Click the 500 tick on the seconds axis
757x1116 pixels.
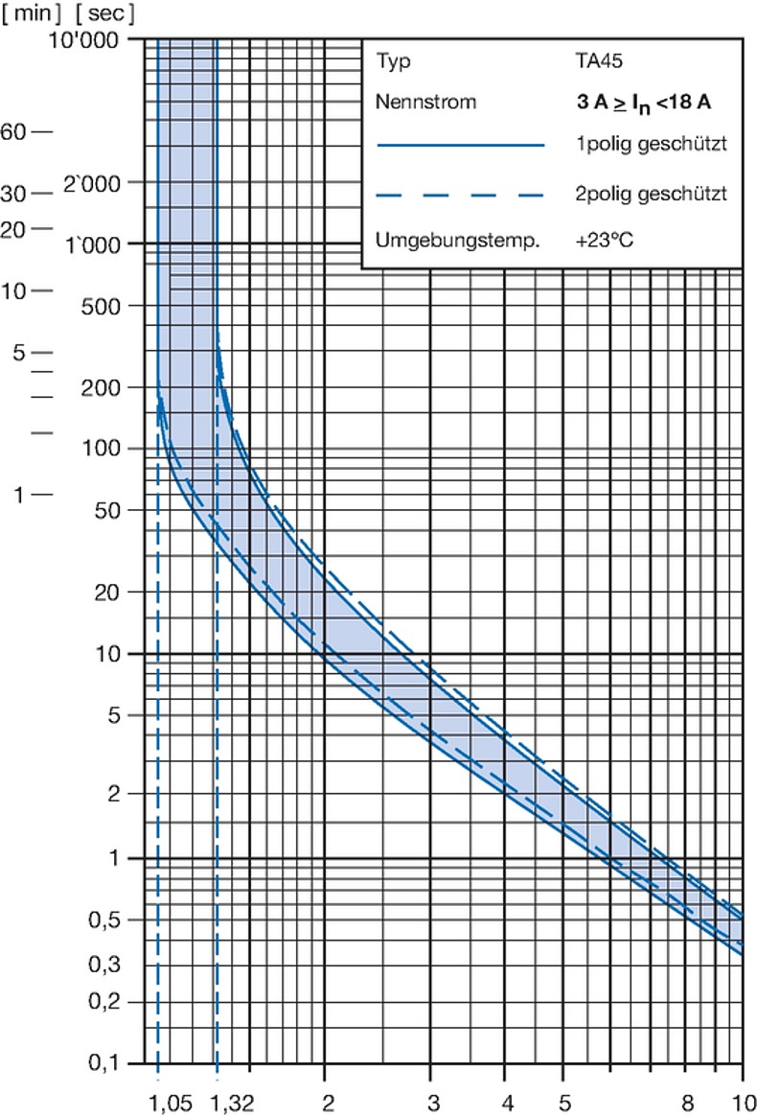coord(115,306)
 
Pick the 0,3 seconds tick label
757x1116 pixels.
coord(118,965)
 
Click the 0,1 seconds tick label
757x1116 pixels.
coord(118,1062)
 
